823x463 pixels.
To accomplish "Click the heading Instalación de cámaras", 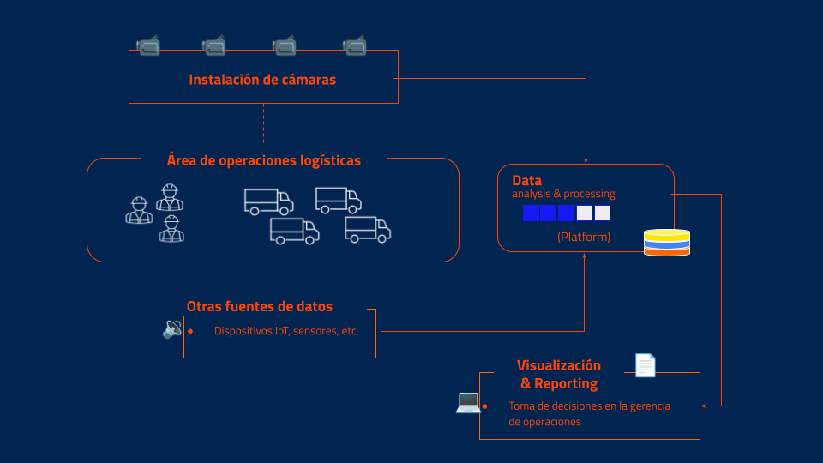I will [x=262, y=80].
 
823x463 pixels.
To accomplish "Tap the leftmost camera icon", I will [x=148, y=45].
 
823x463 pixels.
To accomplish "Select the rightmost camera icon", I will [x=355, y=45].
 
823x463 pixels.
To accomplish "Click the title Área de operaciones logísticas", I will [x=263, y=160].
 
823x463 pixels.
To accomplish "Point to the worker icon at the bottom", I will [x=171, y=229].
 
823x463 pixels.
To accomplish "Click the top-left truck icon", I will [x=268, y=201].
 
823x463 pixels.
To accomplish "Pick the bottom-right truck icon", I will [x=368, y=229].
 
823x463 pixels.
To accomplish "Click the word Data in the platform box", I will [x=526, y=181].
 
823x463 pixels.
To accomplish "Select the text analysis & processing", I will [x=563, y=194].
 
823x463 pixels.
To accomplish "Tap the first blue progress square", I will [x=531, y=213].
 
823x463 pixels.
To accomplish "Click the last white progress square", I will [x=602, y=213].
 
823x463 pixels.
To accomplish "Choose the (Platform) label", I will [x=584, y=237].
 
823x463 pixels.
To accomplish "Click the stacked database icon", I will [x=666, y=243].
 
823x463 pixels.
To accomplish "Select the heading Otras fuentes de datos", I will [x=260, y=306].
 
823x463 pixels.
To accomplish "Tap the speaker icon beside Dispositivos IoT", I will [x=172, y=328].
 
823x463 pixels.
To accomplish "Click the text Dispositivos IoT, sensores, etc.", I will [x=286, y=331].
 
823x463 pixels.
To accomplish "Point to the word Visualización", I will [x=559, y=365].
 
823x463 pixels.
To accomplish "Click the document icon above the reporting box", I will [x=645, y=365].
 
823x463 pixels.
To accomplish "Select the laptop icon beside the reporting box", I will [x=468, y=401].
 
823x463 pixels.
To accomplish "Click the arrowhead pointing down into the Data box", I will [x=586, y=159].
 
